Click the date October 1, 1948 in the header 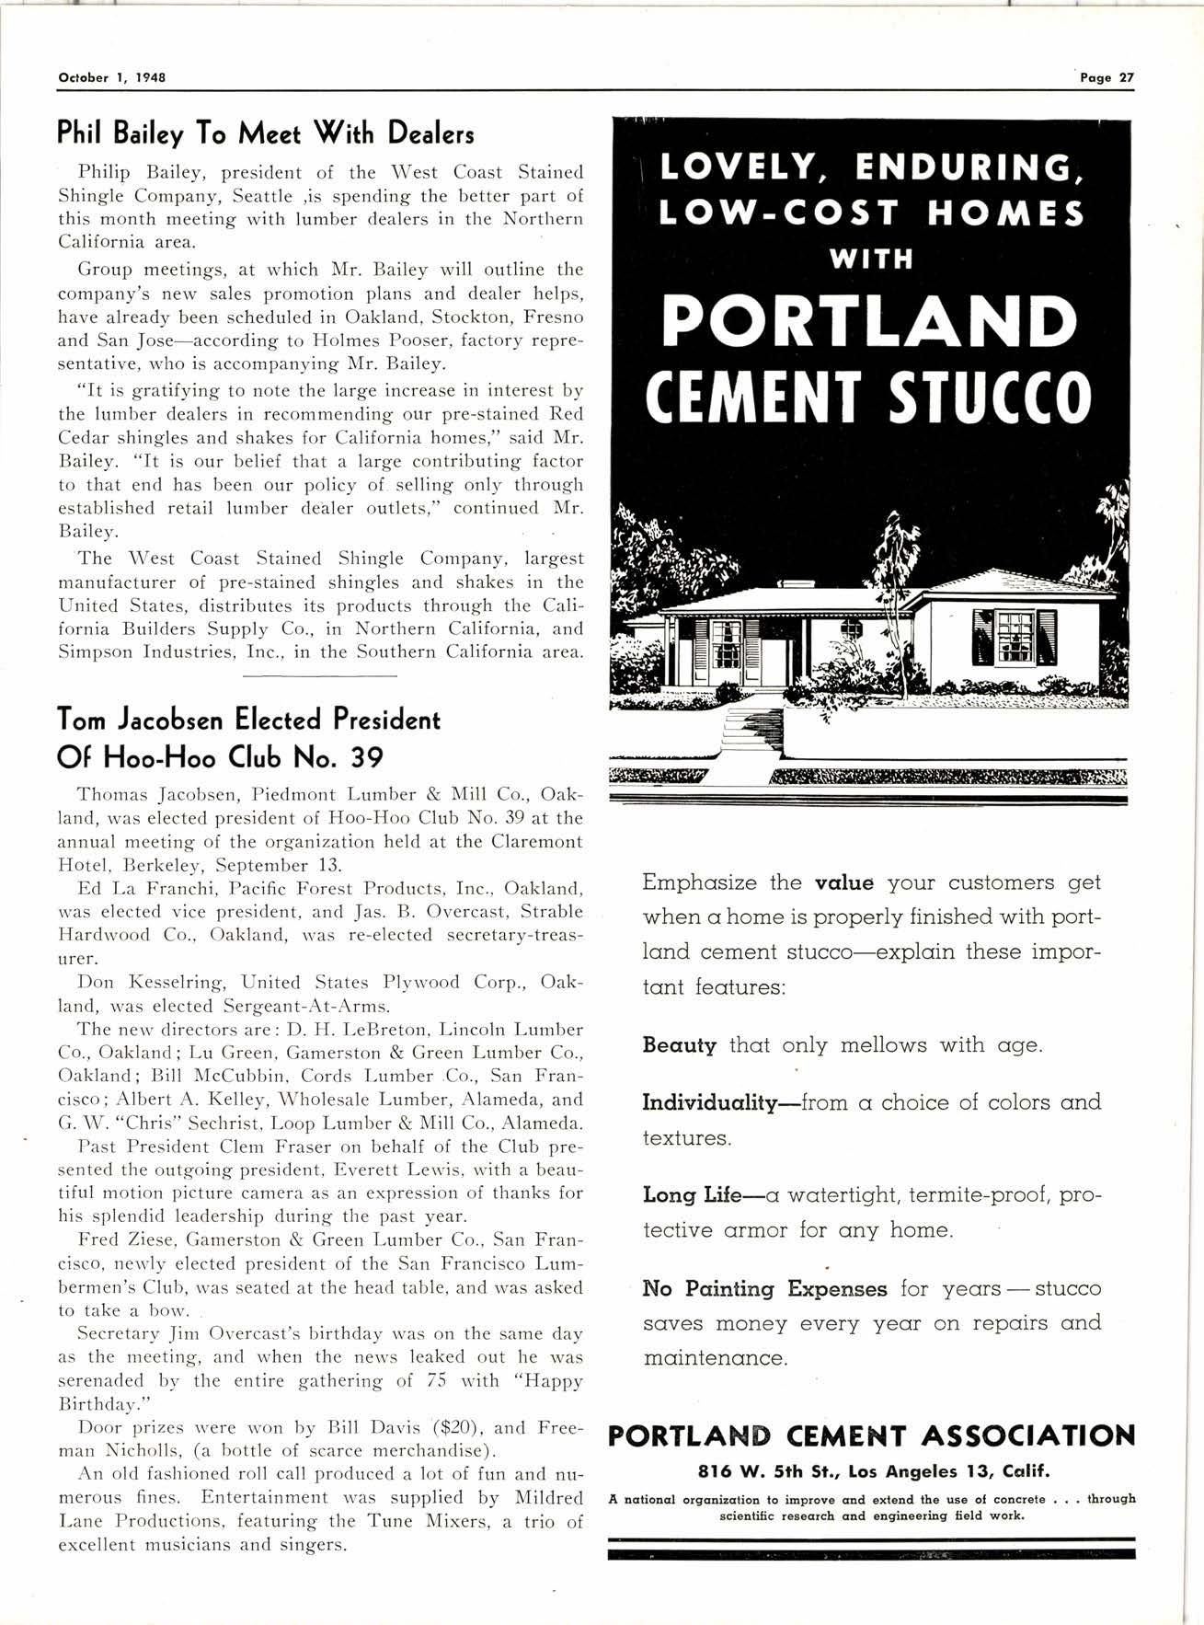coord(111,78)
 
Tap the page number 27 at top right coord(1126,78)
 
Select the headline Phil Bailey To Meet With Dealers coord(266,134)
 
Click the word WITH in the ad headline coord(870,259)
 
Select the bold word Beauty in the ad coord(680,1045)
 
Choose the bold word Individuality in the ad coord(710,1102)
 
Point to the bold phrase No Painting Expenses coord(764,1288)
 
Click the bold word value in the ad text coord(844,883)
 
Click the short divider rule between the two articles coord(320,676)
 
